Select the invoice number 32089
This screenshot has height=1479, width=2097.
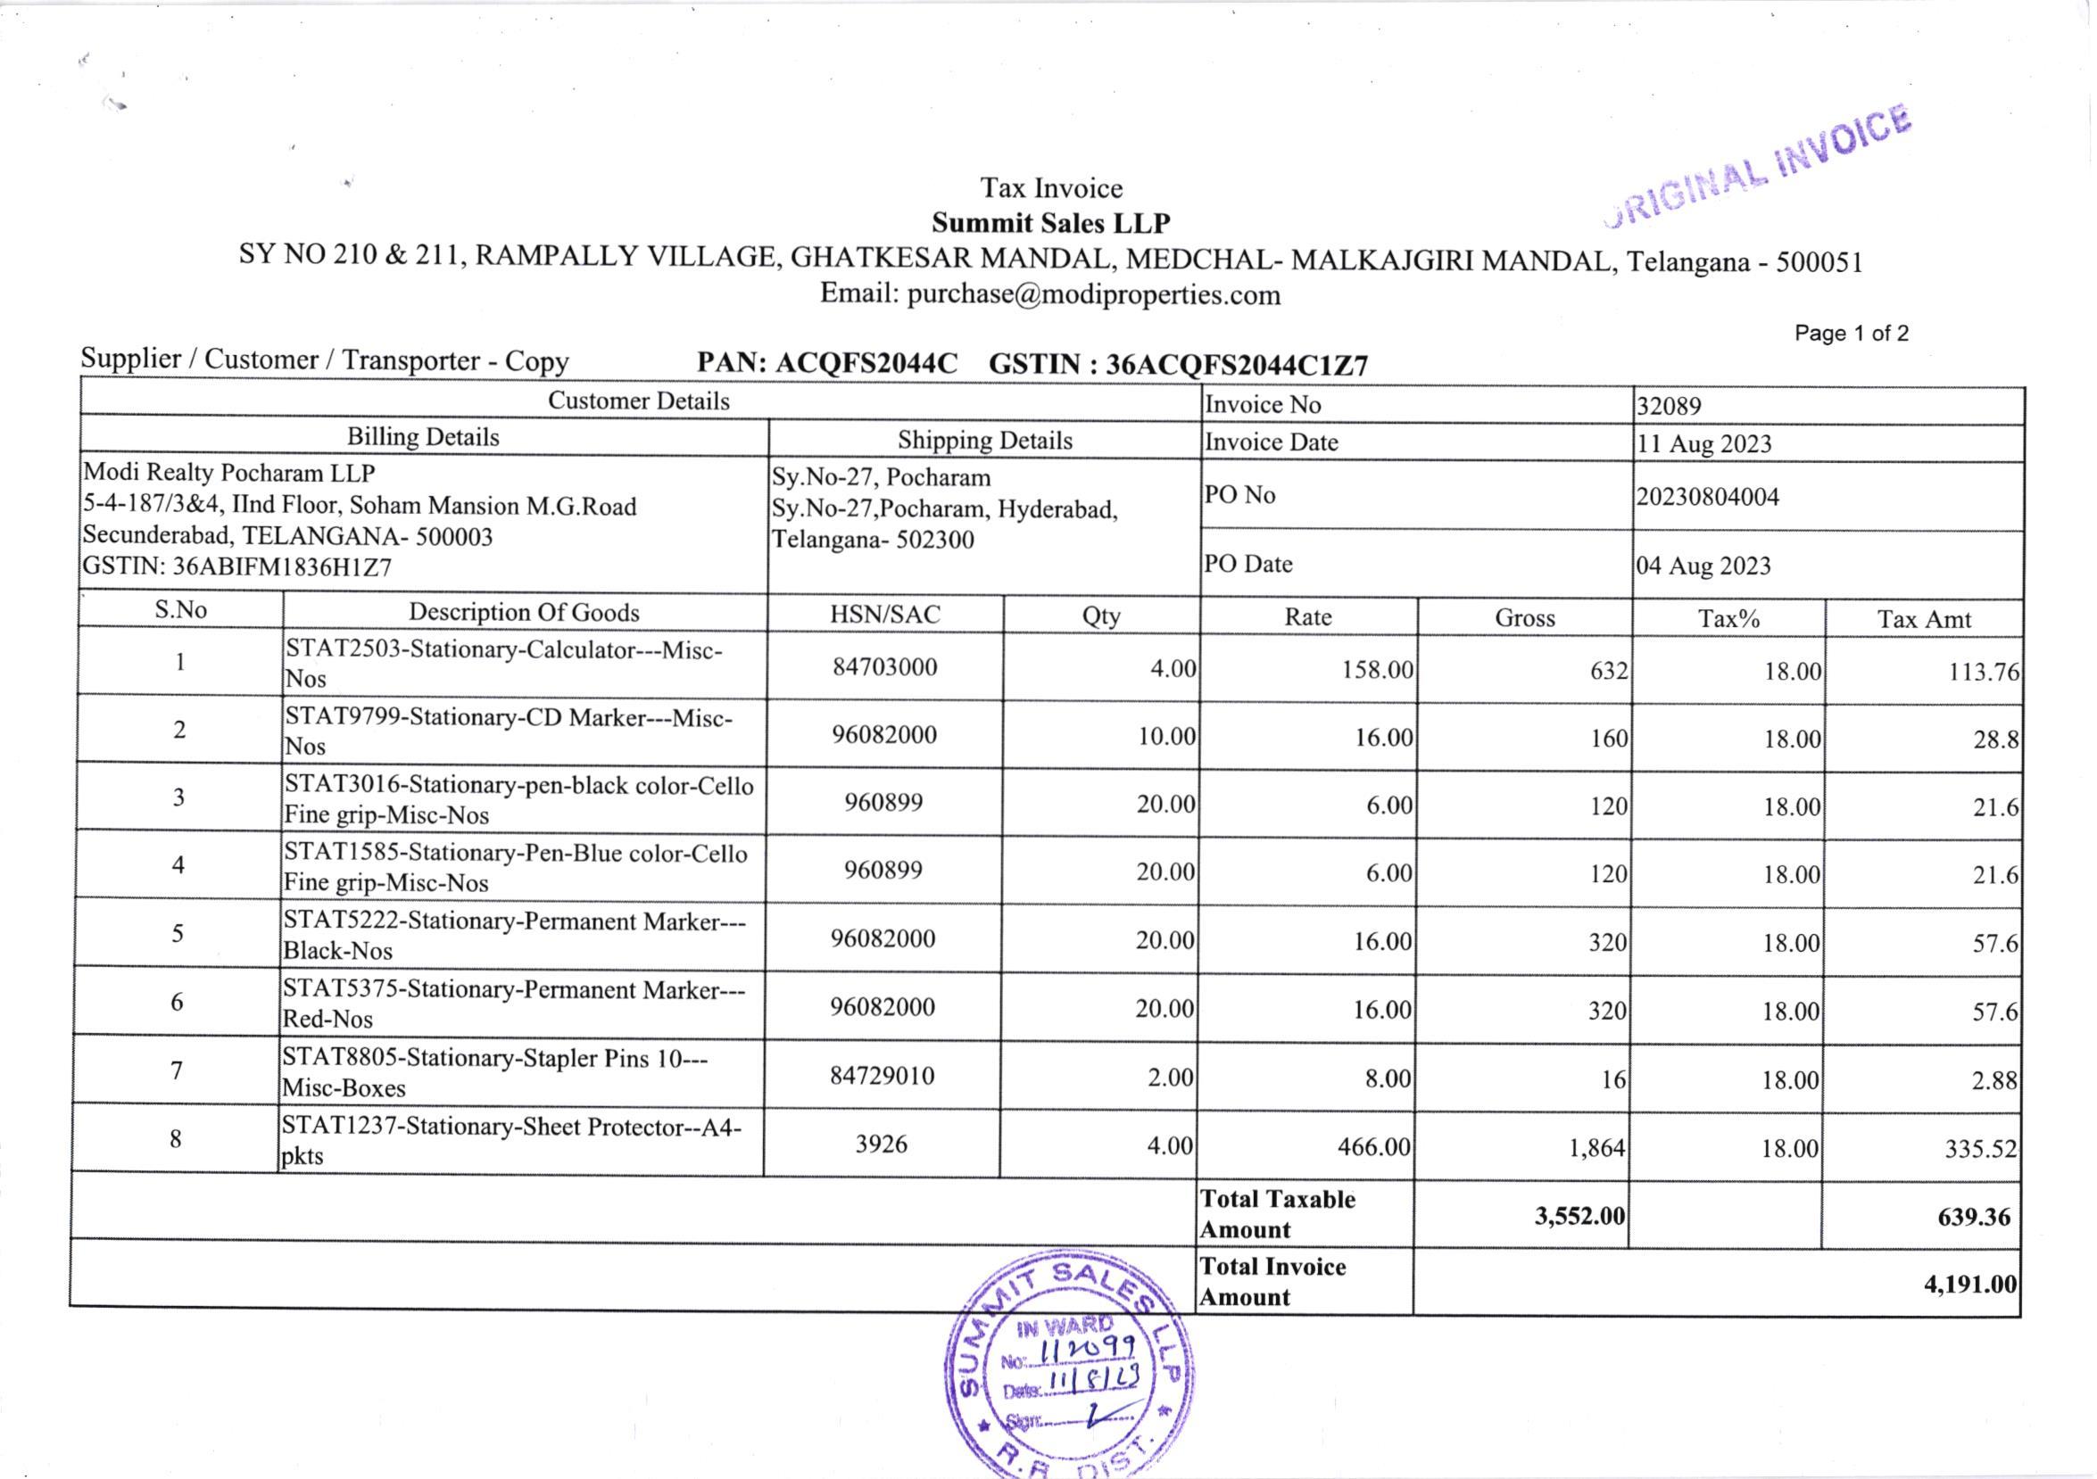(x=1669, y=406)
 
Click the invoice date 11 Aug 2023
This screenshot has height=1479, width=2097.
(x=1703, y=444)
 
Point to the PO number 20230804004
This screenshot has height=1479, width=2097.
(x=1707, y=498)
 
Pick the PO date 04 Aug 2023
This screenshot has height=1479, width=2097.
(x=1703, y=566)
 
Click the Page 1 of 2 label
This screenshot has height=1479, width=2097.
(x=1851, y=334)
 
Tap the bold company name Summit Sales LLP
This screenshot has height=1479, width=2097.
(x=1050, y=223)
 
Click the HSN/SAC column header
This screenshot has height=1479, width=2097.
(x=884, y=615)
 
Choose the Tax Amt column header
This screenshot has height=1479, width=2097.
(x=1924, y=619)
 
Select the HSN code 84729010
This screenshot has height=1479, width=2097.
(x=882, y=1076)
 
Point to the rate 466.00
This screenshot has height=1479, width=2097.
(x=1373, y=1146)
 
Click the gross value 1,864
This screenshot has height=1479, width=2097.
(x=1596, y=1147)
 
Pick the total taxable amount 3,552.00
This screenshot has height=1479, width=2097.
(x=1579, y=1216)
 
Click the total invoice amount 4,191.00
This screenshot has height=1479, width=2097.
(x=1970, y=1285)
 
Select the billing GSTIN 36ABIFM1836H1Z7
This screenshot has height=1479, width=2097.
(x=237, y=568)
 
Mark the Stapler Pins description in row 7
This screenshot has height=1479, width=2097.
(x=495, y=1072)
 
